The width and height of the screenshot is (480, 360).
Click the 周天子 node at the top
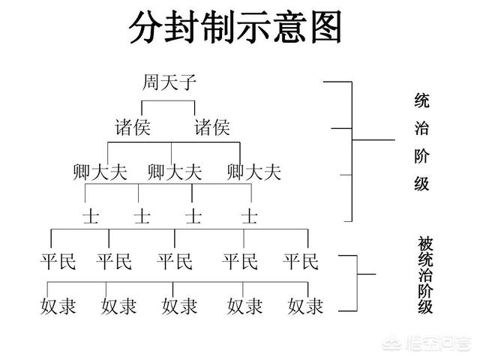click(169, 82)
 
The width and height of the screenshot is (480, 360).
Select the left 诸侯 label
click(133, 127)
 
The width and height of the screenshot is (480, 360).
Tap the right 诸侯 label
click(212, 127)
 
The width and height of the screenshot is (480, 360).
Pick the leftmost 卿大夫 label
click(100, 172)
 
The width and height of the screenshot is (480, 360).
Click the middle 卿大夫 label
click(175, 172)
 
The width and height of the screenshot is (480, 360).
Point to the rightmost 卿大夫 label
click(254, 172)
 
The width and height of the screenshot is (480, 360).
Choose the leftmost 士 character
click(91, 217)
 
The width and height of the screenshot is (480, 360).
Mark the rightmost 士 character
click(250, 217)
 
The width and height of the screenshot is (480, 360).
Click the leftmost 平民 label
click(58, 262)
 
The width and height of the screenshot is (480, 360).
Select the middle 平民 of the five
click(175, 262)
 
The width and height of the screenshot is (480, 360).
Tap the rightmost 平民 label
click(301, 262)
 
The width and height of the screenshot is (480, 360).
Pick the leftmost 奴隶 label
click(58, 306)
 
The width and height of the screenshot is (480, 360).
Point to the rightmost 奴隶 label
click(305, 306)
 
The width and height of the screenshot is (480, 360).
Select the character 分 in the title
click(145, 27)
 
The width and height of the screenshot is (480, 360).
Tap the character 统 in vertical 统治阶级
click(421, 100)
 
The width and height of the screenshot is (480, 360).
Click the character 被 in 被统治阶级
click(425, 243)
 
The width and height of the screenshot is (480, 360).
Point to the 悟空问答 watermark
click(426, 344)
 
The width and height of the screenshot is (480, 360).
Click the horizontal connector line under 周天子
click(168, 100)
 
